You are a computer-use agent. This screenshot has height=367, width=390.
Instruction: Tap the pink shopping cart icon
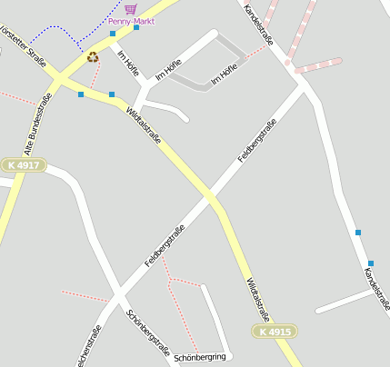[x=131, y=8]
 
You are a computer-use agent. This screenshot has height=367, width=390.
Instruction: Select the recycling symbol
[x=93, y=56]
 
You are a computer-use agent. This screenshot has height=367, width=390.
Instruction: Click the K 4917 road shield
[x=23, y=164]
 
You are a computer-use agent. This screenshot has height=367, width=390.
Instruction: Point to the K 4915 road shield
[x=274, y=332]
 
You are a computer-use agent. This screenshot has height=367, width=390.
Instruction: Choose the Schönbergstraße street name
[x=148, y=331]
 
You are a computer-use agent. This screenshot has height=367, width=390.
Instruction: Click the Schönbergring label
[x=199, y=357]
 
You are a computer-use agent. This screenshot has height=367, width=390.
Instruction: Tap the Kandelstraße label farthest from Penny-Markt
[x=376, y=288]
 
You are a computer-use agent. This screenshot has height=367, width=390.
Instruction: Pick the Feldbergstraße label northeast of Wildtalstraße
[x=256, y=140]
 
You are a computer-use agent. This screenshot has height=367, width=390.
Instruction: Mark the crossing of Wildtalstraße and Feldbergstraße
[x=211, y=196]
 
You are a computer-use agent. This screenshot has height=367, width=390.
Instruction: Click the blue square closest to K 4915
[x=370, y=263]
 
